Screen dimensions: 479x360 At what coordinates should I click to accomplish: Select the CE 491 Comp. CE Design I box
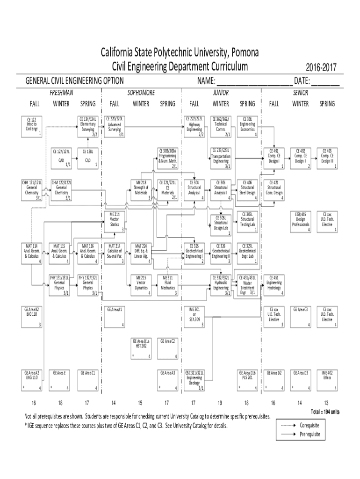click(274, 158)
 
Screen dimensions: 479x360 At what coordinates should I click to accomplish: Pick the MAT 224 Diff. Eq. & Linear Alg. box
click(141, 253)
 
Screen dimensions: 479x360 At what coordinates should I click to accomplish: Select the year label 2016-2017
click(321, 68)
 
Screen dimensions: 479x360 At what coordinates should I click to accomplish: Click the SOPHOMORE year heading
click(141, 93)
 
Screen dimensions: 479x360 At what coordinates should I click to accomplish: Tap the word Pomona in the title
click(244, 51)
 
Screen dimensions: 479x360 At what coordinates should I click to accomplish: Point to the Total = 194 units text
click(325, 412)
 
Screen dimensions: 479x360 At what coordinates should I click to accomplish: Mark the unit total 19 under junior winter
click(220, 403)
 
